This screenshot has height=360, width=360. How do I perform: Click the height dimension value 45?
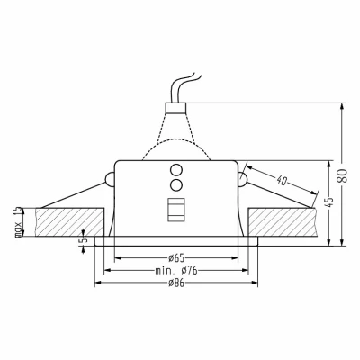[x=328, y=202]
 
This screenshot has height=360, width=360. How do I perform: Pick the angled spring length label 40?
[x=286, y=179]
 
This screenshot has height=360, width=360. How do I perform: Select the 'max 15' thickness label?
[x=16, y=217]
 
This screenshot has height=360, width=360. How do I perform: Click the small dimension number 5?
[x=83, y=240]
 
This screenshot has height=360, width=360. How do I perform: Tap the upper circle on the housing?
[x=175, y=169]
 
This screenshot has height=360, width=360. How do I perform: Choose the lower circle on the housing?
[x=175, y=184]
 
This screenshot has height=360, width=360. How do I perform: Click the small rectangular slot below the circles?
[x=175, y=209]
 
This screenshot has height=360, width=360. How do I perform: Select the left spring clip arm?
[x=72, y=192]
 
